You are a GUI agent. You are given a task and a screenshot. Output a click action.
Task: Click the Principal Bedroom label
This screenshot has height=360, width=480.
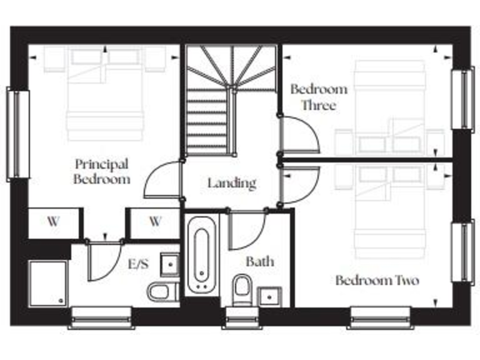[102, 172]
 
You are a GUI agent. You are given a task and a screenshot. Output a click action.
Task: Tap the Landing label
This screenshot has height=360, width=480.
[232, 183]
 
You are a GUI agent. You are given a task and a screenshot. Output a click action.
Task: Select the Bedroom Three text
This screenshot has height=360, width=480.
[319, 97]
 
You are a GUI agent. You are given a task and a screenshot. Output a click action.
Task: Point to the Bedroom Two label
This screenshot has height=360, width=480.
[377, 280]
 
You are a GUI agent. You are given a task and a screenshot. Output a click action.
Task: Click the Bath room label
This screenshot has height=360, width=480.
[259, 261]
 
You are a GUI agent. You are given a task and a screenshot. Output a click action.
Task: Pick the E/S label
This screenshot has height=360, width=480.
[138, 264]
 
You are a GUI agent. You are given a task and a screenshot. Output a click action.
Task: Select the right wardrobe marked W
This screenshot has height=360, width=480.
[155, 221]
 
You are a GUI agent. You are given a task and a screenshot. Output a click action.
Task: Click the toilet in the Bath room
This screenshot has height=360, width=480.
[241, 290]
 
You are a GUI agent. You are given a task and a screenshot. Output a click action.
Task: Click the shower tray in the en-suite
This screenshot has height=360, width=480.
[47, 282]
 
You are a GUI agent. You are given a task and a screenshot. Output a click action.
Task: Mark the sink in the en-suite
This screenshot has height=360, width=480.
[169, 264]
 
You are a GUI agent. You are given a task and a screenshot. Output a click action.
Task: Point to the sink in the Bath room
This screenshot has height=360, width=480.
[271, 295]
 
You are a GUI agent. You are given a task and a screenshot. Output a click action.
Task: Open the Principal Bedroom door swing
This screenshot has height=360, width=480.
[161, 181]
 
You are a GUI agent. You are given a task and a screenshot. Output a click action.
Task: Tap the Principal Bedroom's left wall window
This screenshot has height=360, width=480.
[17, 134]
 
